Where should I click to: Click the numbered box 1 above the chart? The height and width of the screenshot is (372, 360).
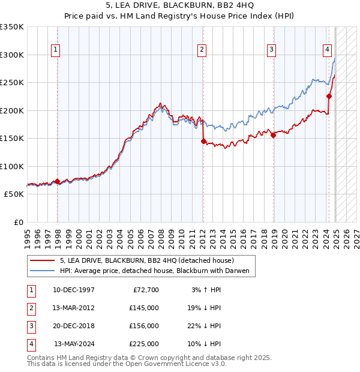coord(55,50)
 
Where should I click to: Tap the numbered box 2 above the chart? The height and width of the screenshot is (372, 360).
coord(202,50)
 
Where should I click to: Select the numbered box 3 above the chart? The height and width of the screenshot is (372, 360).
coord(271,50)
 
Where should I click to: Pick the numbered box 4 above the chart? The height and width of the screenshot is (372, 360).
coord(328,50)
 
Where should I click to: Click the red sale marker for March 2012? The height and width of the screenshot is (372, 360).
coord(203,142)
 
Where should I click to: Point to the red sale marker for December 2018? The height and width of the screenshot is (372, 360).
coord(274,135)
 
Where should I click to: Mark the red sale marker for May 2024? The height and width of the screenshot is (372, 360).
coord(329,96)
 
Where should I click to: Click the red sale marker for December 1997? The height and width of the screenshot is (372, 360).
coord(57,181)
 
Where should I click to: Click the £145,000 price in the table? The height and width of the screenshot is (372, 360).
coord(144,308)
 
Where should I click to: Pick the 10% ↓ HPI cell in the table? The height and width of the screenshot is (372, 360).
coord(206,344)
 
